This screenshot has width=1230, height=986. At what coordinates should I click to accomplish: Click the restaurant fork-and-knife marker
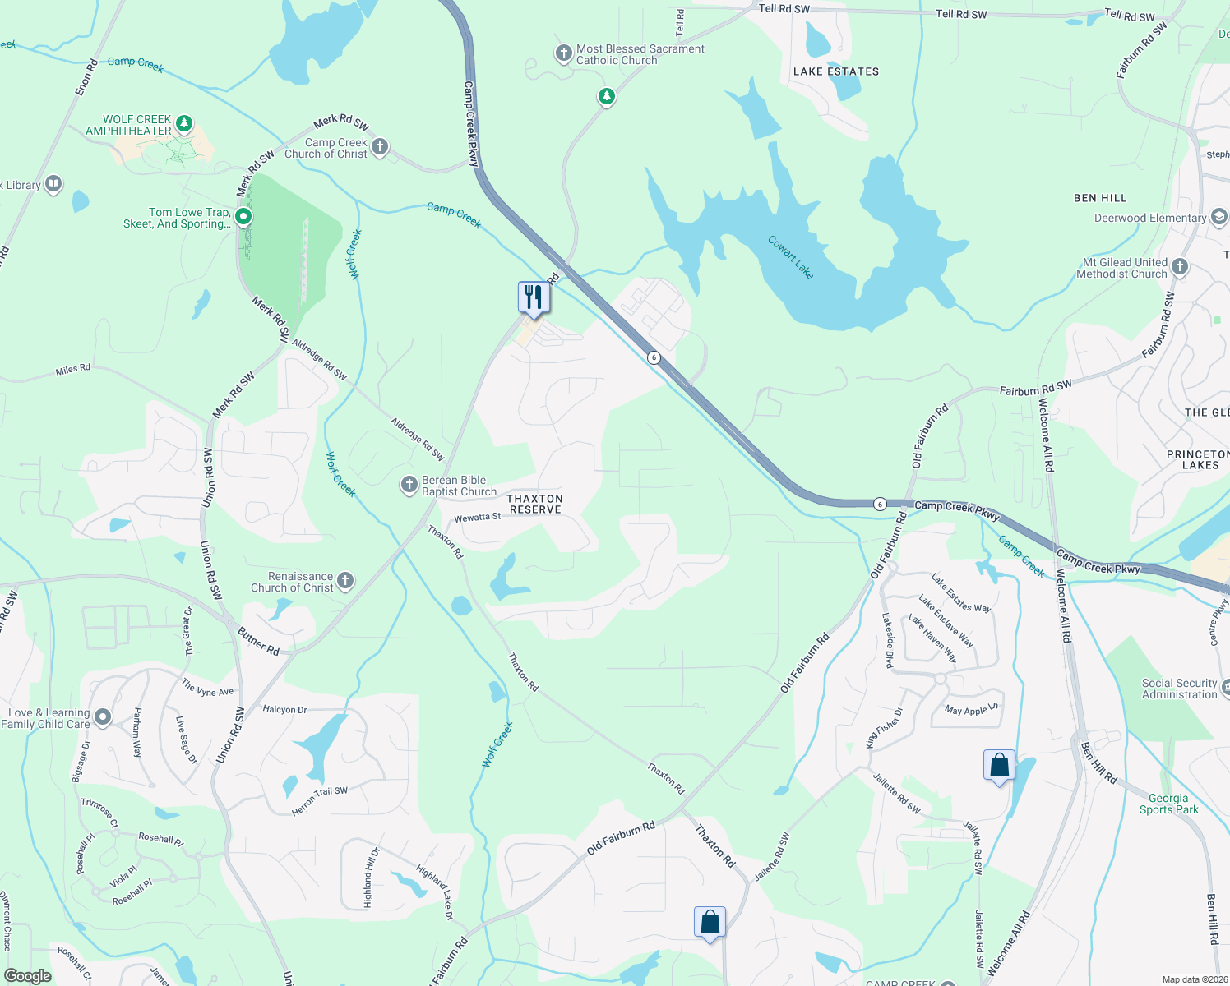pyautogui.click(x=534, y=297)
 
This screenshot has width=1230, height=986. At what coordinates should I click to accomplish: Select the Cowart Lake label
pyautogui.click(x=790, y=257)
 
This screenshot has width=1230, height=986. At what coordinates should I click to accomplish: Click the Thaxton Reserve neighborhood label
pyautogui.click(x=535, y=504)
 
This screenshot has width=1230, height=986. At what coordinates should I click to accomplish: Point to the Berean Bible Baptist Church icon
pyautogui.click(x=409, y=485)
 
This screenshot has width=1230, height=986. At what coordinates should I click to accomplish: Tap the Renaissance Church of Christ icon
pyautogui.click(x=345, y=581)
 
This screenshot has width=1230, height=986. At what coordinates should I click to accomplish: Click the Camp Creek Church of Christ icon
pyautogui.click(x=379, y=147)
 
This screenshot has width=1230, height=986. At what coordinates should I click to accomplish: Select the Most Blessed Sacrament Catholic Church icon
pyautogui.click(x=563, y=53)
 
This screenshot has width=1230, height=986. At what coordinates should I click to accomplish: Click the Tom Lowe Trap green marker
pyautogui.click(x=243, y=217)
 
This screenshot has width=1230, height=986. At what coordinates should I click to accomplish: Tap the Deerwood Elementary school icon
pyautogui.click(x=1218, y=217)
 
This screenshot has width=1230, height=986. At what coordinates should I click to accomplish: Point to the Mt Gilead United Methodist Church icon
pyautogui.click(x=1180, y=266)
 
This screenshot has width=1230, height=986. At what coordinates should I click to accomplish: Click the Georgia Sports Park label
pyautogui.click(x=1168, y=804)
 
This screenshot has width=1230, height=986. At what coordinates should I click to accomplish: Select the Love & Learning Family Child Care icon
pyautogui.click(x=103, y=717)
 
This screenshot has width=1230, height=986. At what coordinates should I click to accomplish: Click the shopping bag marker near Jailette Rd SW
pyautogui.click(x=999, y=766)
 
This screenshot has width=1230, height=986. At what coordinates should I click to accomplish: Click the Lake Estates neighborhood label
pyautogui.click(x=835, y=71)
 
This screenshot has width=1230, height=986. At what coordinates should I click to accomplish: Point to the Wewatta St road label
pyautogui.click(x=478, y=518)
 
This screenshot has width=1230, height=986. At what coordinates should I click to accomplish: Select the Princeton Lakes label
pyautogui.click(x=1200, y=459)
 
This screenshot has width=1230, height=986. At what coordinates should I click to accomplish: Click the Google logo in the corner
pyautogui.click(x=27, y=975)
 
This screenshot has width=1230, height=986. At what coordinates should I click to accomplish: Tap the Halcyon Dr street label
pyautogui.click(x=284, y=709)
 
